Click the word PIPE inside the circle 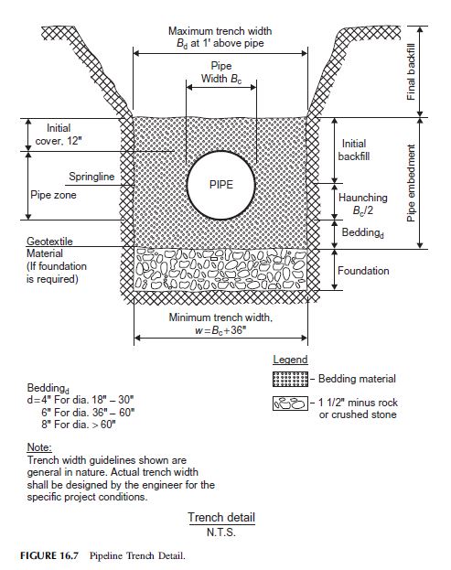click(221, 184)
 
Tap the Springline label click(91, 177)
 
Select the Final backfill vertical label click(411, 72)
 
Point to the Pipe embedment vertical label click(411, 183)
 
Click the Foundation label click(363, 271)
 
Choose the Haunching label click(363, 198)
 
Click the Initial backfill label click(354, 150)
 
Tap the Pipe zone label click(53, 195)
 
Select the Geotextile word click(49, 241)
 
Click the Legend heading click(290, 360)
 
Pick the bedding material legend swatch click(290, 379)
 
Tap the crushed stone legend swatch click(290, 403)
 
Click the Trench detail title click(221, 517)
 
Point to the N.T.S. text click(221, 532)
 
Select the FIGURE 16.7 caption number click(49, 555)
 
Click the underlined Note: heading click(39, 446)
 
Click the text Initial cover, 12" click(59, 134)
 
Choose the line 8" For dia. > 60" click(79, 425)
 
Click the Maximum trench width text click(220, 31)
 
